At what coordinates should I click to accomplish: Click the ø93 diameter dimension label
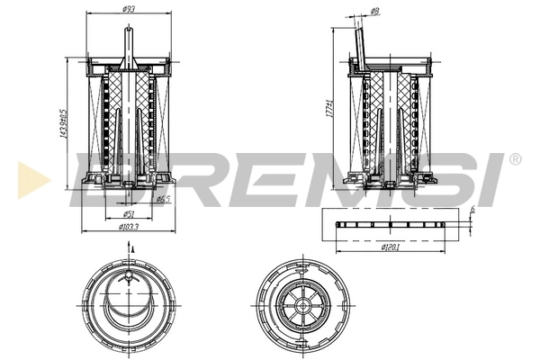tap(130, 10)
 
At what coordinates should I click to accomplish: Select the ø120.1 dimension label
tap(390, 246)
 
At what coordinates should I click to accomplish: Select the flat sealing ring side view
tap(390, 224)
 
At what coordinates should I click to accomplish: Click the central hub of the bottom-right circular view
tap(300, 306)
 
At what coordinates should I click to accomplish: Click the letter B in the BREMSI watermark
tap(108, 176)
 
